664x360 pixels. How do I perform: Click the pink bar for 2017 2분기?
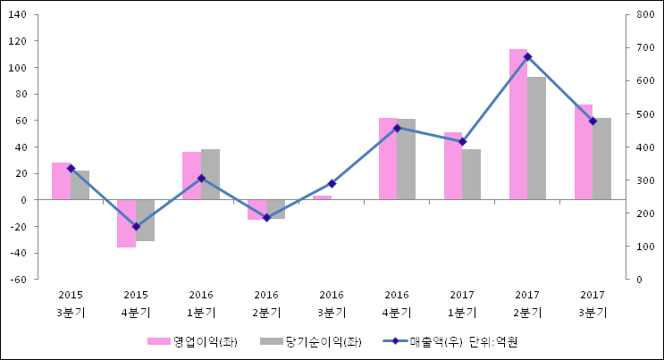pos(518,124)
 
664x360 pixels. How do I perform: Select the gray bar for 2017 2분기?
pos(536,138)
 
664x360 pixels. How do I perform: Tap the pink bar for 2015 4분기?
pos(126,223)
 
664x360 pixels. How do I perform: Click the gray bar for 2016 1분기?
pos(210,174)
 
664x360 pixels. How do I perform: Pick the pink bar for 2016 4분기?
pos(387,159)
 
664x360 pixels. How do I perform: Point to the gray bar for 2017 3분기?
pos(601,159)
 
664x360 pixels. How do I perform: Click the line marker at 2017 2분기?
pos(527,57)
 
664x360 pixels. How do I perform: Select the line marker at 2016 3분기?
pos(332,183)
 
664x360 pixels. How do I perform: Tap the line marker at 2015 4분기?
pos(136,227)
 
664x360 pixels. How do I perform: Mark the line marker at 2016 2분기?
pos(266,218)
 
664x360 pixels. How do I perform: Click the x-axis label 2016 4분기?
pos(397,304)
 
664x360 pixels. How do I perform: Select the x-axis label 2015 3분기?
pos(71,304)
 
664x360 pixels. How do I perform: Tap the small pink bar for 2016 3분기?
pos(322,197)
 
